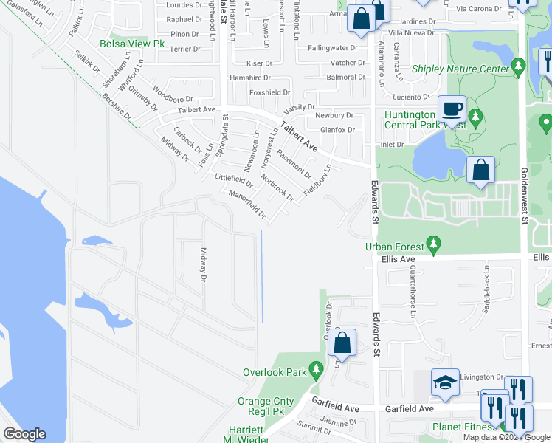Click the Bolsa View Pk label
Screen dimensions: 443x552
[132, 44]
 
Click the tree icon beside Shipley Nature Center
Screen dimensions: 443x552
[519, 69]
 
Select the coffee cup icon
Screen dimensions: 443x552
[452, 110]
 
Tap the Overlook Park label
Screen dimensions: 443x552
[276, 372]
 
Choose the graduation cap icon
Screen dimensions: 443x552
[445, 382]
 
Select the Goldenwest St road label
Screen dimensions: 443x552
[525, 195]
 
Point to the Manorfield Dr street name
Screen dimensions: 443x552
[247, 204]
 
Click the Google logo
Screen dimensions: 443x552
[24, 434]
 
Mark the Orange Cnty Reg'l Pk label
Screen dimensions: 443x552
[266, 407]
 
